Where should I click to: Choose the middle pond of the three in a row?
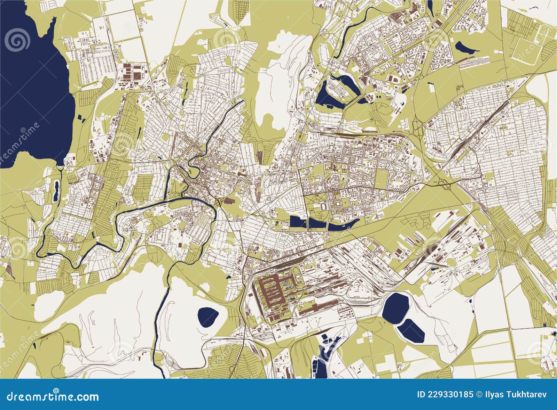pos(317,224)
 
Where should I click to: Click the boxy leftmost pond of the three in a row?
pos(298,222)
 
